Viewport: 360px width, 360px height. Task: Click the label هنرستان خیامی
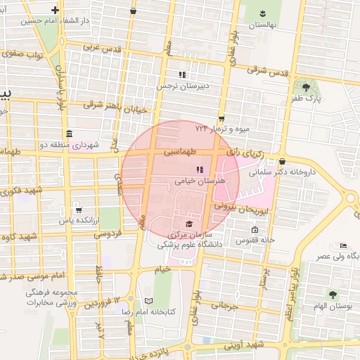point(201,181)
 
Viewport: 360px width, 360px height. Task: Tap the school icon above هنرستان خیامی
point(200,169)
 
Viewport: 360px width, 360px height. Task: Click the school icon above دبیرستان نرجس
point(182,75)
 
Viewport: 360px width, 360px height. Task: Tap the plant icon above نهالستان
point(262,13)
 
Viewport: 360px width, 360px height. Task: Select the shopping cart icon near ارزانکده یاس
point(77,209)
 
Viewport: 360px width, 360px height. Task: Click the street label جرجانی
point(226,307)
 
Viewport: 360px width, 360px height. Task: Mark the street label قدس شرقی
point(269,71)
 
